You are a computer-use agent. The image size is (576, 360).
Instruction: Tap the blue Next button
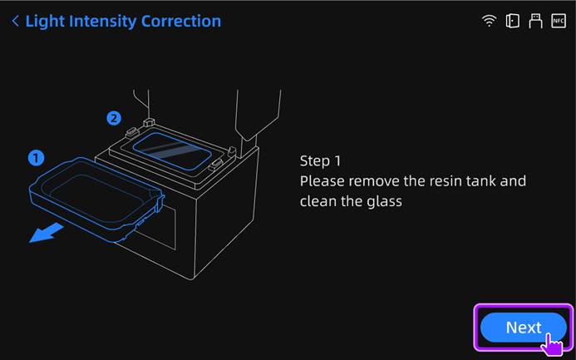coord(522,328)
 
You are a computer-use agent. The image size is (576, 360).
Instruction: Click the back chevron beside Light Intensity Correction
coord(15,21)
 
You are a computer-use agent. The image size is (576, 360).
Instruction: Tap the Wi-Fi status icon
coord(490,21)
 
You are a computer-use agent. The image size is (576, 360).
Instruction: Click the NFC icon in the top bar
coord(558,21)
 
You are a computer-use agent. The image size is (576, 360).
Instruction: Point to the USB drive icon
coord(535,21)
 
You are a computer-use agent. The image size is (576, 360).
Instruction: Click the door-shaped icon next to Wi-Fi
coord(513,21)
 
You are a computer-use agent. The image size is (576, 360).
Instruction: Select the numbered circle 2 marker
coord(114,118)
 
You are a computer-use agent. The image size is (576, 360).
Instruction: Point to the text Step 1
coord(321,160)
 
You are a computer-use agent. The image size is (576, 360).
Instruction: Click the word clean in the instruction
coord(319,201)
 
